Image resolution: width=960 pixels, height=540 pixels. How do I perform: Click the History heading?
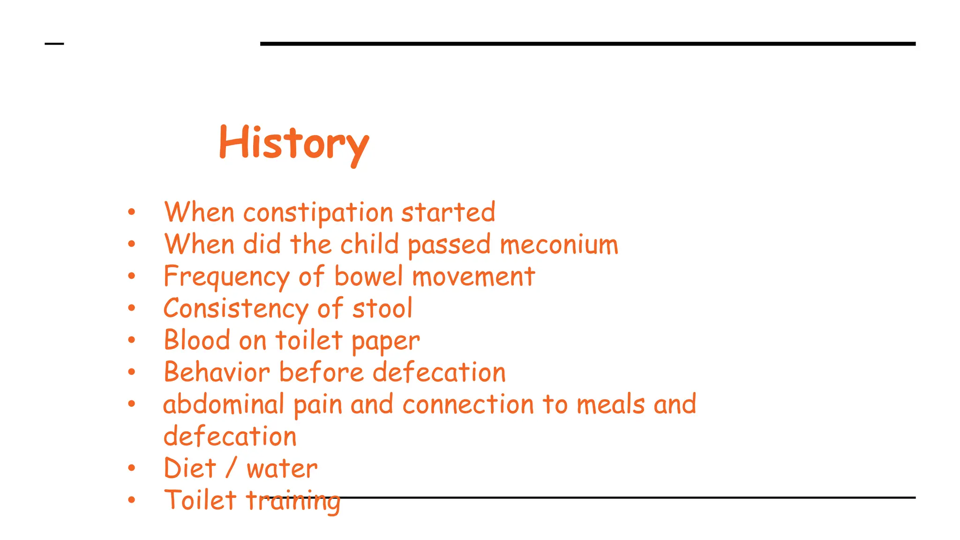click(x=294, y=142)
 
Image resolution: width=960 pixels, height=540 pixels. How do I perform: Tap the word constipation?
click(x=318, y=213)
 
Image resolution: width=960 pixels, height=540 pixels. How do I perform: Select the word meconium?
click(x=559, y=245)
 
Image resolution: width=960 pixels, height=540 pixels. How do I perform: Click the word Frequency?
click(x=226, y=277)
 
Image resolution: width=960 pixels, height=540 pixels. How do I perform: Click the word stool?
click(x=382, y=309)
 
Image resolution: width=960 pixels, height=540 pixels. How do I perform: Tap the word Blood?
click(x=197, y=340)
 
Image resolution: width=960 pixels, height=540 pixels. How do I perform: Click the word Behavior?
click(x=217, y=373)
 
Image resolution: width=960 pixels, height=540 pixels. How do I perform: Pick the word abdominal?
click(x=224, y=405)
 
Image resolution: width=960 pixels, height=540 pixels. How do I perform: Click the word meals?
click(x=610, y=405)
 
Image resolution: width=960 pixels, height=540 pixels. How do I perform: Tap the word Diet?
click(x=190, y=468)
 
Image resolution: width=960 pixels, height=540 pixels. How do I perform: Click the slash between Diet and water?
click(x=231, y=468)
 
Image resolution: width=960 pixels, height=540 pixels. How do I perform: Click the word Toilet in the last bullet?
click(x=200, y=500)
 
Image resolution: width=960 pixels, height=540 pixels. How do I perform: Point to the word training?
click(x=293, y=501)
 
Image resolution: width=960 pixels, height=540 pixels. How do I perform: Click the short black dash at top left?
click(x=54, y=44)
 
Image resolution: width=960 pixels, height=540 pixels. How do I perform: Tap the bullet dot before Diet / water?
click(x=132, y=468)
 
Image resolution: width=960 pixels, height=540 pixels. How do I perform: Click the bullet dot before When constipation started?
click(x=132, y=212)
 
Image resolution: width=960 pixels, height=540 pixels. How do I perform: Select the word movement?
click(x=473, y=277)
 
